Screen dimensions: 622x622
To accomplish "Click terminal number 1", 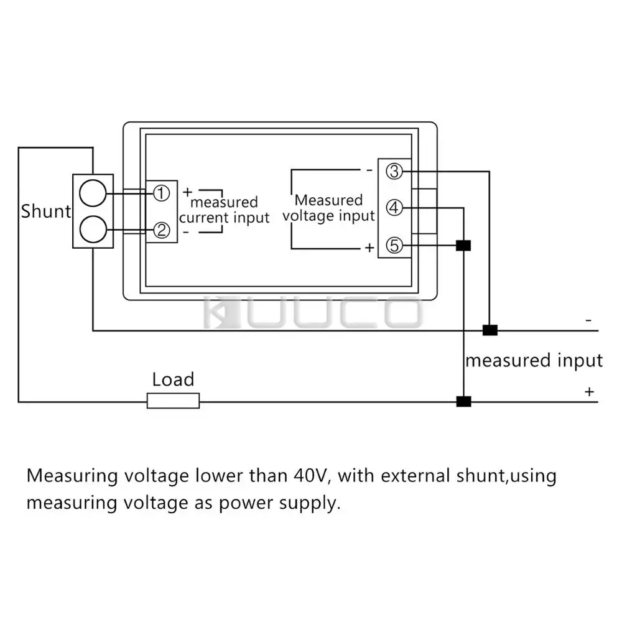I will coord(162,194).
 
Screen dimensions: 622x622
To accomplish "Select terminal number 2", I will coord(162,231).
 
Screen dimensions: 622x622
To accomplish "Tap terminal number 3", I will coord(394,171).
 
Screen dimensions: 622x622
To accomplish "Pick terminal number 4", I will coord(394,208).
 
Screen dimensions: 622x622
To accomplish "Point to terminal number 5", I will coord(394,246).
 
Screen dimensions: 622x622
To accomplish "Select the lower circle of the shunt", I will coord(93,229).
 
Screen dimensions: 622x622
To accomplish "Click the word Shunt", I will coord(46,211).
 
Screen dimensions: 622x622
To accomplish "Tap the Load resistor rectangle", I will coord(173,401).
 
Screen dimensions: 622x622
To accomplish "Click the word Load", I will coord(173,379).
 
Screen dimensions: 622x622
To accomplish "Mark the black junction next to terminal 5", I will coord(463,246).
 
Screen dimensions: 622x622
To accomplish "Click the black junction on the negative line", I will coord(490,330).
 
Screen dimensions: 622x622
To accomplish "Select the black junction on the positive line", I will coord(463,401).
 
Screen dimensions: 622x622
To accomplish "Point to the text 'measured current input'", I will coord(224,210).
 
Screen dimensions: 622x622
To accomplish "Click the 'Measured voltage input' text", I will coord(329,208).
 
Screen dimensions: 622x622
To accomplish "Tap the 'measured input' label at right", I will coord(534,361).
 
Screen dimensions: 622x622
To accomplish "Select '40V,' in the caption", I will coord(312,476).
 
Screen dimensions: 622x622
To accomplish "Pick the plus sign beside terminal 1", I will coord(187,192).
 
